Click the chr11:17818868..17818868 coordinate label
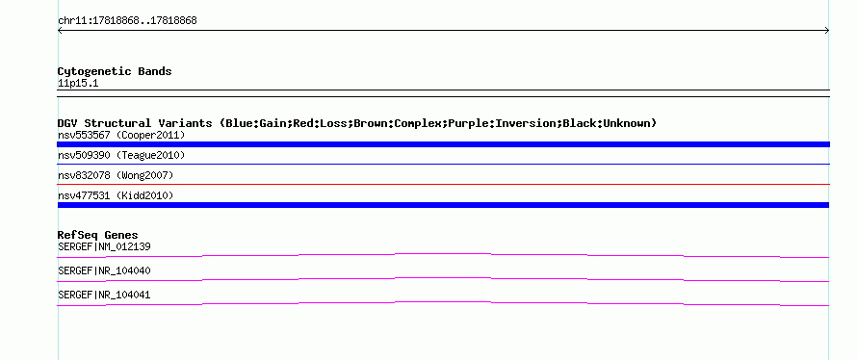pos(127,21)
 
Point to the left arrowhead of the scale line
pos(60,31)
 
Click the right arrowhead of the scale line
pos(827,31)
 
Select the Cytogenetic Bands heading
pos(115,71)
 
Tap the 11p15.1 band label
pos(78,84)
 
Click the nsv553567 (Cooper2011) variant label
pos(121,135)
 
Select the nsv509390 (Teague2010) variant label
pos(121,156)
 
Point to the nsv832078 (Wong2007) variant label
pos(116,175)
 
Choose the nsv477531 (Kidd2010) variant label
pos(116,195)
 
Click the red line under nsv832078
pos(443,184)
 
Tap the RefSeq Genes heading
pos(98,236)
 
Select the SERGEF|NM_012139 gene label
pos(104,247)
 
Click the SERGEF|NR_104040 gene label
pos(104,270)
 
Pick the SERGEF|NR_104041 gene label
pos(104,295)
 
